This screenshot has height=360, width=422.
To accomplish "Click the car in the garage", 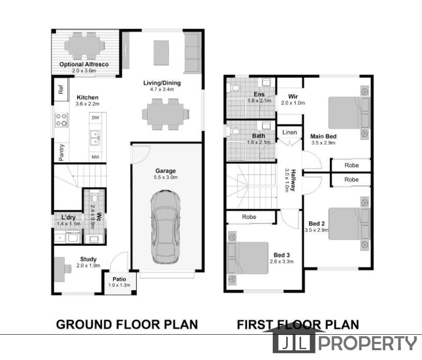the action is [165, 227].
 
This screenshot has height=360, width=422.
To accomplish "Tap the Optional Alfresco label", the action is [84, 65].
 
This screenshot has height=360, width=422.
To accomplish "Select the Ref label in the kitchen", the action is [61, 89].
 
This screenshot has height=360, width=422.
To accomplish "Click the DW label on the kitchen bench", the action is [96, 118].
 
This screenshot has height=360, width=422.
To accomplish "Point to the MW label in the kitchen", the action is [96, 157].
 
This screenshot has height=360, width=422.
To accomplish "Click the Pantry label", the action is [61, 152].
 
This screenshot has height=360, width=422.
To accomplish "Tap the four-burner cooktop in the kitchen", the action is [61, 120].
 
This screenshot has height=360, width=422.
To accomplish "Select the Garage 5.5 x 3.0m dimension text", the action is [165, 177].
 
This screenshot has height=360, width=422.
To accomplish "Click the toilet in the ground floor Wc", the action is [94, 197].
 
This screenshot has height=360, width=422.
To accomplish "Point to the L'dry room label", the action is [68, 217].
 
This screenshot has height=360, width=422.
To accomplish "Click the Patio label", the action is [119, 279].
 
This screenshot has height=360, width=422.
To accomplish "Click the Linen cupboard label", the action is [290, 132].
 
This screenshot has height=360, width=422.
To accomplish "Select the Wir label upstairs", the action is [293, 96].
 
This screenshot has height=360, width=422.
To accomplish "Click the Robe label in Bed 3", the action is [249, 217].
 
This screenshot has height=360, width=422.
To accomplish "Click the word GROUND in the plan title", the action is [84, 324].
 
